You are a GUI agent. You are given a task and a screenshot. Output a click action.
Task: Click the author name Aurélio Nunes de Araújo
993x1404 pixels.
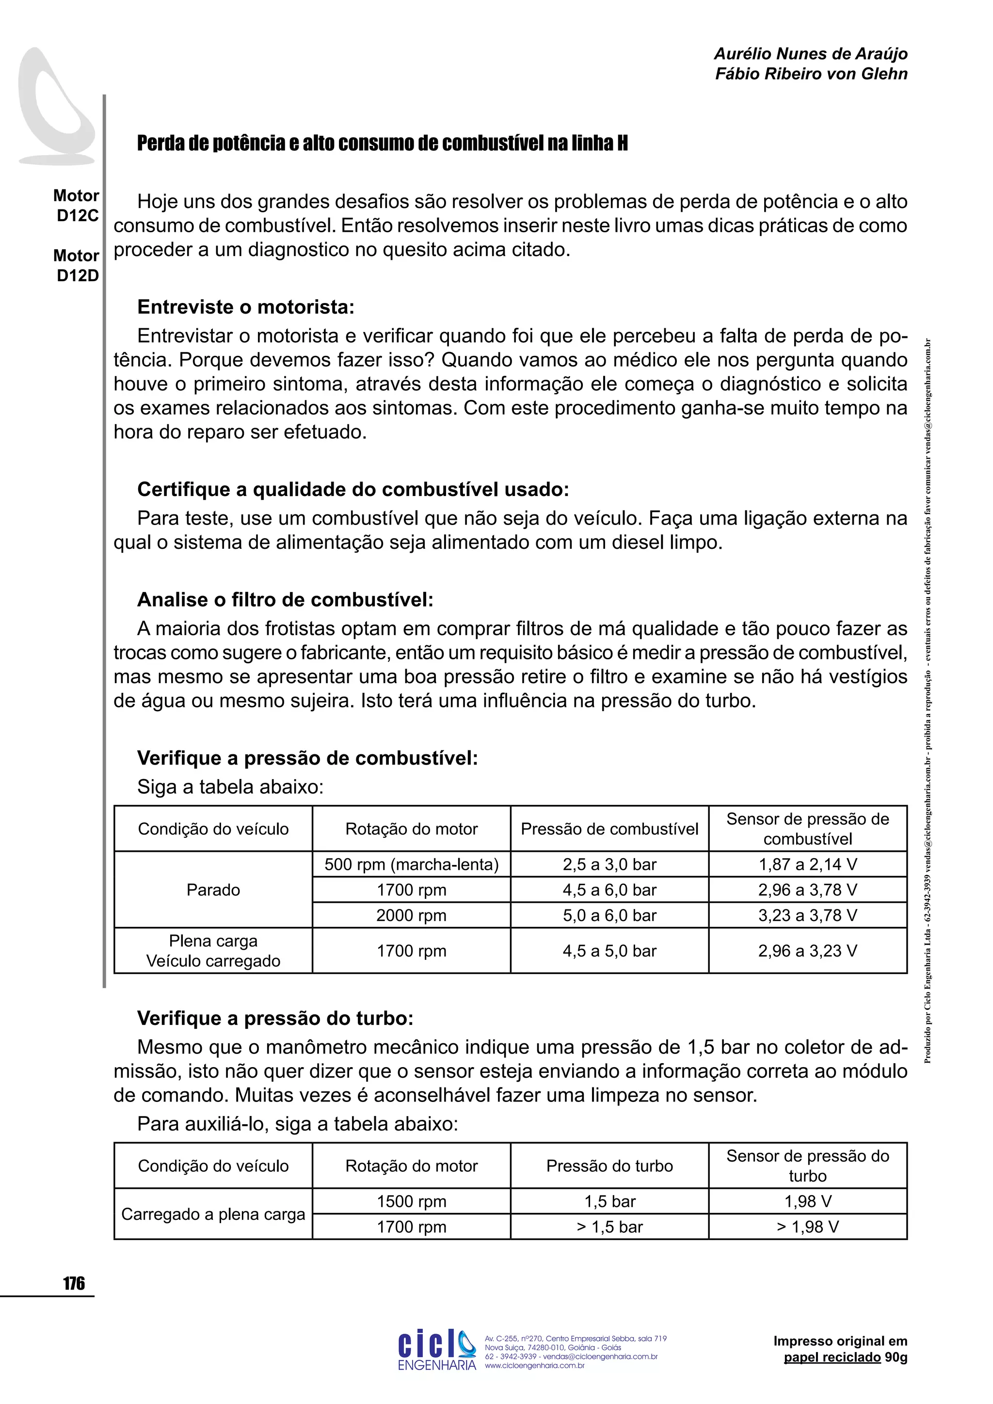pyautogui.click(x=810, y=54)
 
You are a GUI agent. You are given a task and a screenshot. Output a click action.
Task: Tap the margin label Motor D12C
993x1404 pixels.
pyautogui.click(x=77, y=206)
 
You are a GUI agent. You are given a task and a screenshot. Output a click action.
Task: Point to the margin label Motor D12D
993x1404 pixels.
pyautogui.click(x=77, y=265)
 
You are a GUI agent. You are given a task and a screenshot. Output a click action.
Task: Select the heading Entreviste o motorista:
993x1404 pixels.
pyautogui.click(x=245, y=307)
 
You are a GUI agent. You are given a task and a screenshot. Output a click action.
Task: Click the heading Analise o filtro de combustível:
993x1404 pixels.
pyautogui.click(x=285, y=599)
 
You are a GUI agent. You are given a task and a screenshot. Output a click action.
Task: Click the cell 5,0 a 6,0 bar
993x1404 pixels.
pyautogui.click(x=609, y=915)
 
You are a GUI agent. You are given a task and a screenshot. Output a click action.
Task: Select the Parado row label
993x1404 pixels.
pyautogui.click(x=213, y=890)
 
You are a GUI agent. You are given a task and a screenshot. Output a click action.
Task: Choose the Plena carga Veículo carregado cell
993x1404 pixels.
pyautogui.click(x=213, y=951)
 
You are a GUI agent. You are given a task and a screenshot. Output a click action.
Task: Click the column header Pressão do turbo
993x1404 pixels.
pyautogui.click(x=609, y=1166)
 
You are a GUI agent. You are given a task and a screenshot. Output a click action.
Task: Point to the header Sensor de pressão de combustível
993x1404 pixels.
pyautogui.click(x=807, y=829)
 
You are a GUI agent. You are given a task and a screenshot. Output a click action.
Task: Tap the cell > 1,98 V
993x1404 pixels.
pyautogui.click(x=807, y=1227)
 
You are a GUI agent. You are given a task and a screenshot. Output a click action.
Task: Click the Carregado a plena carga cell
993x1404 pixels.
pyautogui.click(x=213, y=1214)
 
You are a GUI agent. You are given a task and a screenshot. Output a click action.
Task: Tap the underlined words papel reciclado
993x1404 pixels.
pyautogui.click(x=832, y=1357)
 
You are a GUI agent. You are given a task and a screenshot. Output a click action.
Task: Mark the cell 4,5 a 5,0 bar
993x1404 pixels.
pyautogui.click(x=609, y=951)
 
